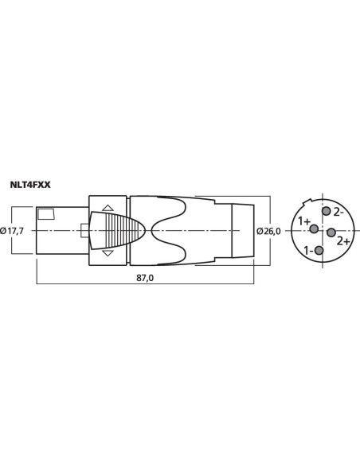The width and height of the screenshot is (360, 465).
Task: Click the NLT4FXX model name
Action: [x=30, y=185]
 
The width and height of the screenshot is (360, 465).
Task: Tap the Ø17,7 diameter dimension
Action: [x=12, y=231]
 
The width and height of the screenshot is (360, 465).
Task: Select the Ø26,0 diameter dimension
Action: [x=268, y=231]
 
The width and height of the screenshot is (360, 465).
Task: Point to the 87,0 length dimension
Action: [x=145, y=278]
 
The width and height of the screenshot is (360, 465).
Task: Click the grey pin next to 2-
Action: [x=327, y=211]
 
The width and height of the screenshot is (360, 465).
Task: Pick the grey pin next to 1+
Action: [x=314, y=229]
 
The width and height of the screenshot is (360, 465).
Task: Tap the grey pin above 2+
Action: [x=331, y=232]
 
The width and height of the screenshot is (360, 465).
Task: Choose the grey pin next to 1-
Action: [x=319, y=251]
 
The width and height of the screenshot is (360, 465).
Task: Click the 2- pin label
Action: [x=338, y=212]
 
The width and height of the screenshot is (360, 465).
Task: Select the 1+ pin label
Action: [x=304, y=221]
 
